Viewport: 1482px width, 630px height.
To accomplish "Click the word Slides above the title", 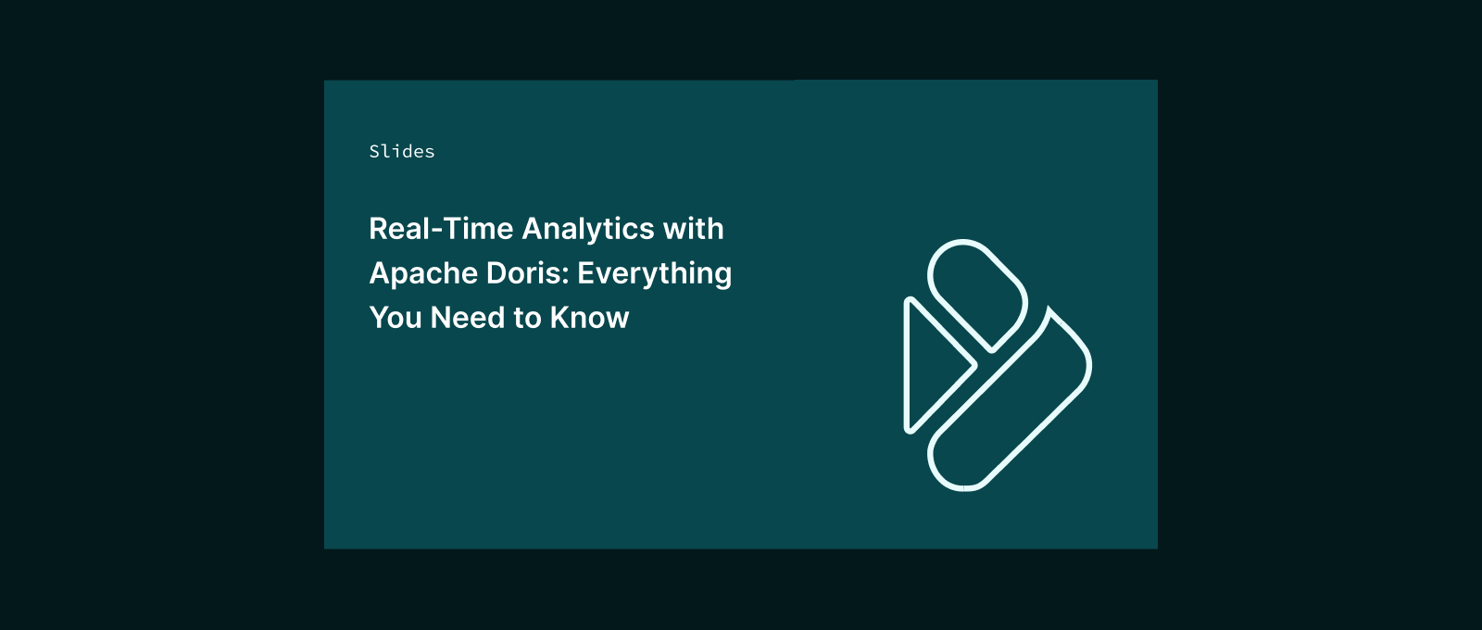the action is coord(402,152).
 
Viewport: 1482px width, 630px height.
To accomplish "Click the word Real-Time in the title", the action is coord(441,229).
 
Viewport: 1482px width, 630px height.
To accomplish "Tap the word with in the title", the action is coord(694,229).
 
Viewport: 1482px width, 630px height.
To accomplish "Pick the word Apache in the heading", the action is coord(423,274).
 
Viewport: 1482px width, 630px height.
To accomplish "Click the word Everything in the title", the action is coord(654,274).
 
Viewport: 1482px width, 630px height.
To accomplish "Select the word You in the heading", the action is coord(396,318).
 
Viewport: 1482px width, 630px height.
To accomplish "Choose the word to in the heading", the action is coord(528,319).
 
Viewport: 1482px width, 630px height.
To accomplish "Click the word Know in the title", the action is coord(589,318).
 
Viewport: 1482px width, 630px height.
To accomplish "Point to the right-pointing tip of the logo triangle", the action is coord(976,365).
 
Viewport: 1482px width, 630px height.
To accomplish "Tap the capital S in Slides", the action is coord(374,152).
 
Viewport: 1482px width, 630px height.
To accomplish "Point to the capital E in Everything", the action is coord(585,273).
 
